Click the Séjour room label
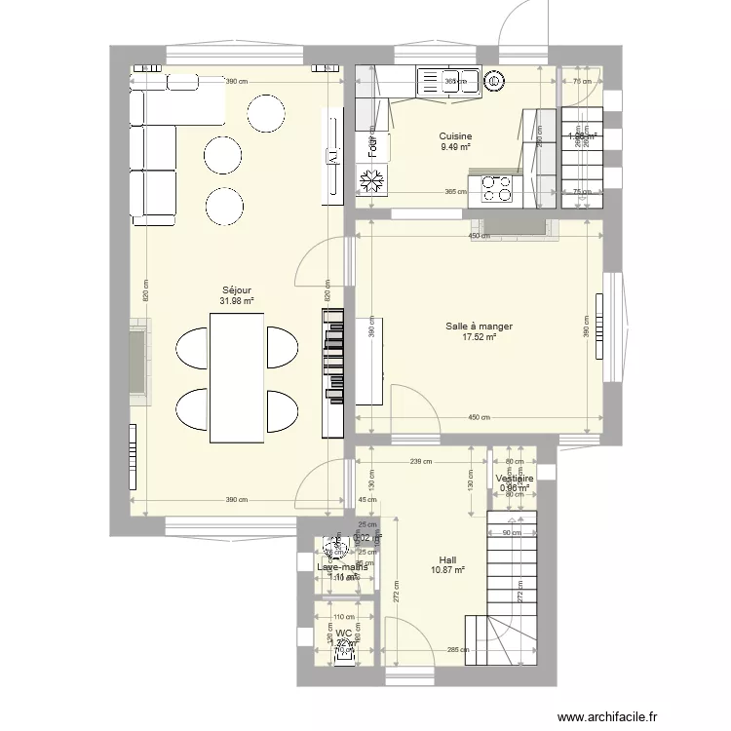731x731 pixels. (x=237, y=289)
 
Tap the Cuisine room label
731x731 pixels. (x=455, y=136)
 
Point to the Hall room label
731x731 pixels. (x=447, y=559)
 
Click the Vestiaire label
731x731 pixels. (x=514, y=480)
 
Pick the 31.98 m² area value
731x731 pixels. (x=237, y=301)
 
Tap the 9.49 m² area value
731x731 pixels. (x=455, y=147)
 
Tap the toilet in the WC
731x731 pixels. (x=344, y=655)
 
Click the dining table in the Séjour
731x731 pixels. (x=238, y=375)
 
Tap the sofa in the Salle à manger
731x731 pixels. (x=368, y=361)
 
